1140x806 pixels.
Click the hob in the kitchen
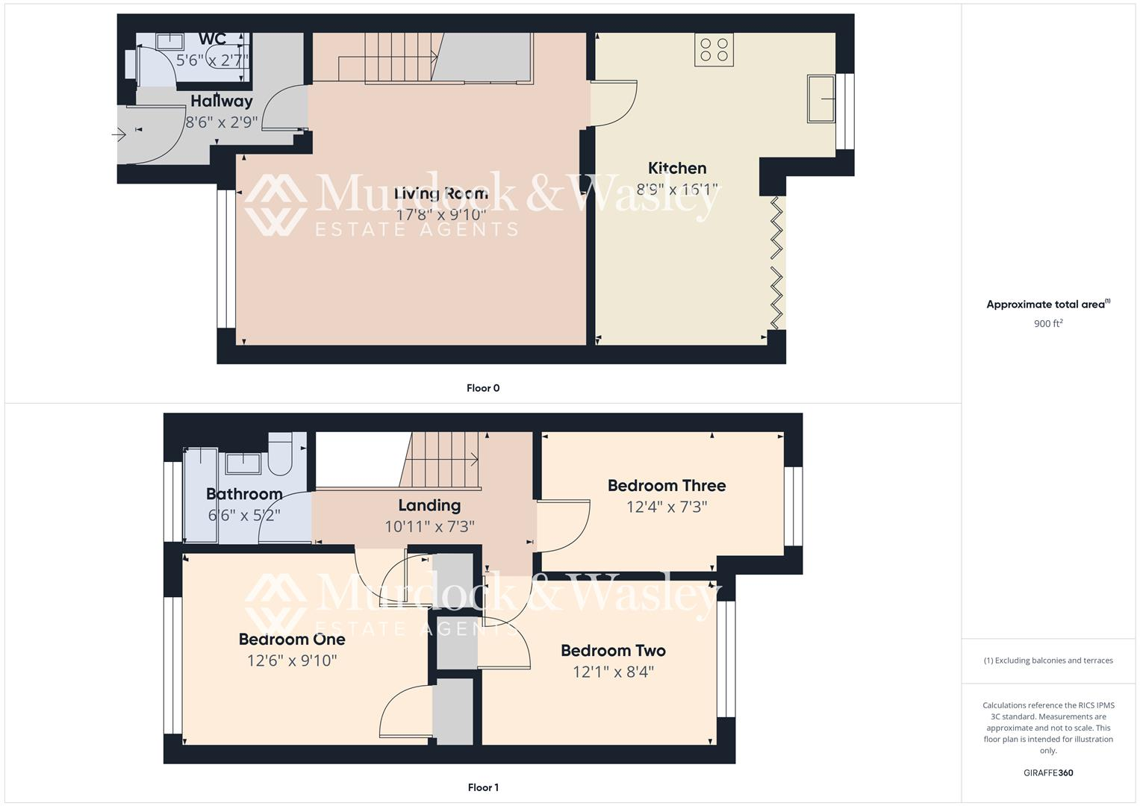click(714, 49)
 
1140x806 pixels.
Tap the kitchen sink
click(820, 98)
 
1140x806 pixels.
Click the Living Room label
click(441, 194)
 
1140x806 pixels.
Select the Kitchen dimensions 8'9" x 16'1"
click(677, 190)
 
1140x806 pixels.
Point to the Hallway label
click(222, 101)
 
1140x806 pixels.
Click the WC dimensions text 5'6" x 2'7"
click(212, 60)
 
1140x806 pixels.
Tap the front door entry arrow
click(119, 135)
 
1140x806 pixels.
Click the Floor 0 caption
click(483, 388)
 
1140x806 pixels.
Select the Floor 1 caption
click(483, 787)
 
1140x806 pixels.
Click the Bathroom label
click(244, 494)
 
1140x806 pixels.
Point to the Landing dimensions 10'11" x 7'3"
click(429, 526)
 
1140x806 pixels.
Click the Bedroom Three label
click(667, 486)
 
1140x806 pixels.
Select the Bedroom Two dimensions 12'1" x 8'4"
click(613, 672)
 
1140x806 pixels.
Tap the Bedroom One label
click(292, 640)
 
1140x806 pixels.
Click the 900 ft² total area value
click(1048, 324)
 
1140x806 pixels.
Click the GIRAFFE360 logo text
click(1048, 773)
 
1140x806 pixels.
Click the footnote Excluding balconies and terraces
click(1048, 660)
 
